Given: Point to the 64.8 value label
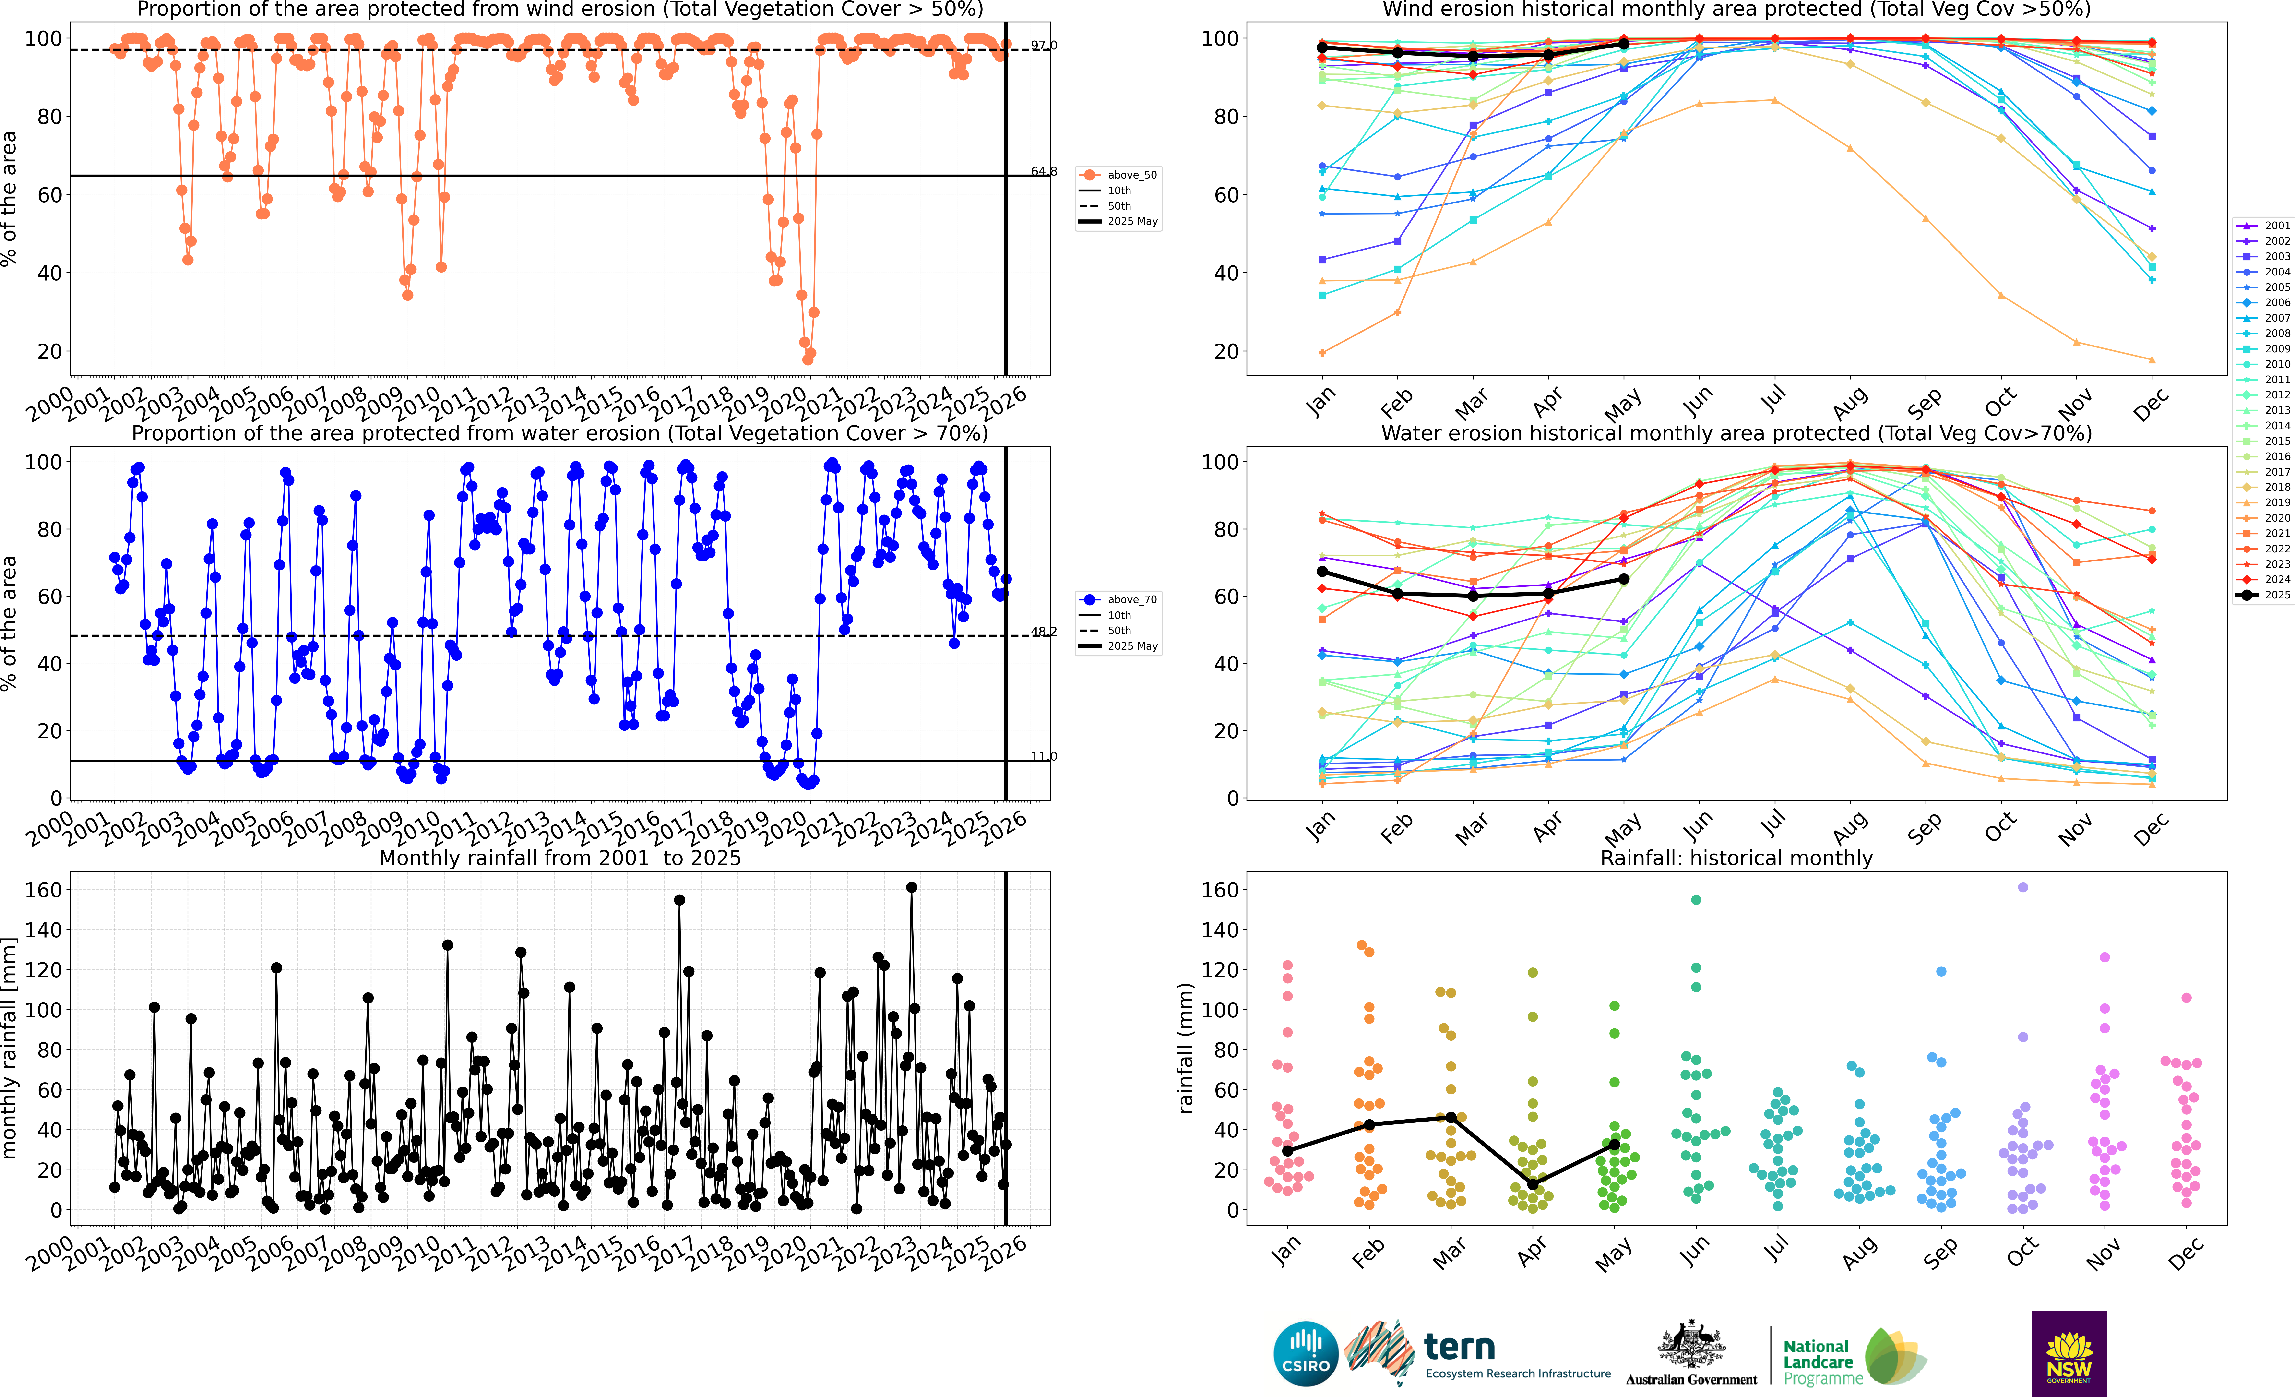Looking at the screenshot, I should [1043, 171].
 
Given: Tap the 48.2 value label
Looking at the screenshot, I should [1043, 632].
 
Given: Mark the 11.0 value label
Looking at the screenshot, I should [1043, 756].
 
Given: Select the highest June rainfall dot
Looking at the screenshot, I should [1696, 900].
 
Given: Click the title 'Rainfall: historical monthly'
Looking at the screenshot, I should [1736, 858].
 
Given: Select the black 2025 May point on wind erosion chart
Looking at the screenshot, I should [1623, 44].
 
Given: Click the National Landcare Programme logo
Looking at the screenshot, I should [1854, 1358].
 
